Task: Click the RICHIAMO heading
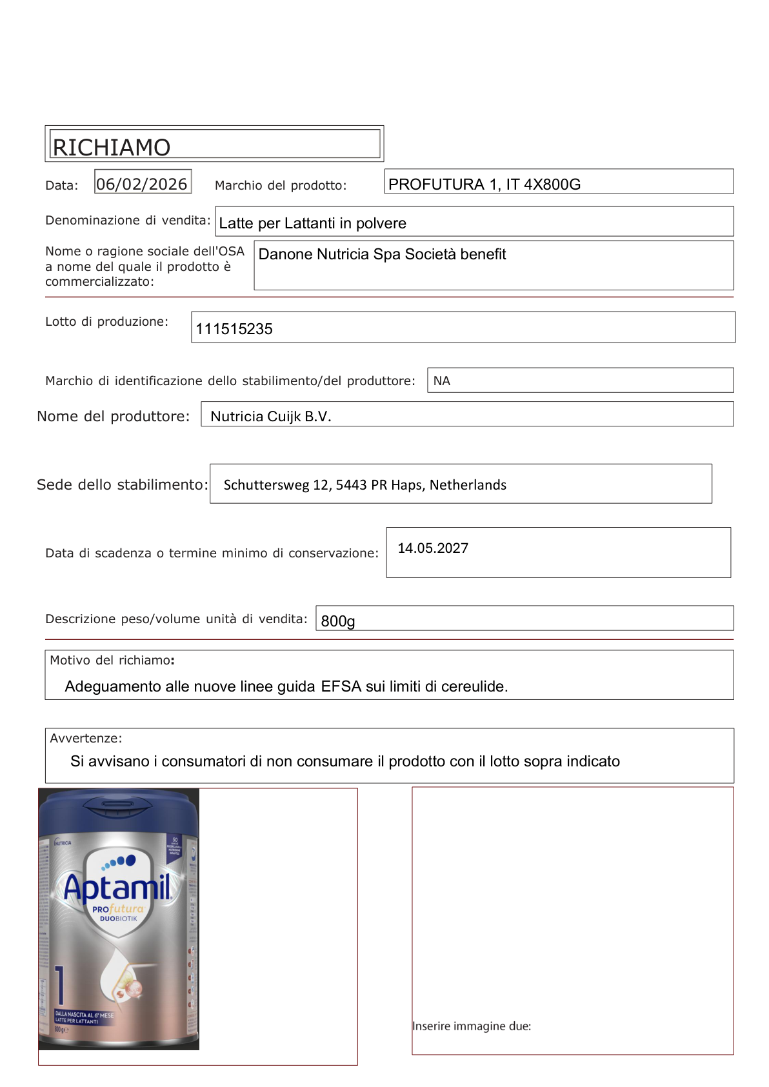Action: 111,147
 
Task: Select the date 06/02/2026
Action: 142,184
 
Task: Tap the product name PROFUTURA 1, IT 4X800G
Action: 484,184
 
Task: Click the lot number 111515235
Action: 234,329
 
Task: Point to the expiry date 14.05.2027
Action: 433,548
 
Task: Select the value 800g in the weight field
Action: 337,621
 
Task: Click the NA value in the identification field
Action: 442,381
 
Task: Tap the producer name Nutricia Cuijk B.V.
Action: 271,417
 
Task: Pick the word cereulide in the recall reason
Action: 474,686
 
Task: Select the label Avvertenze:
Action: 86,738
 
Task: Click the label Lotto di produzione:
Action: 106,321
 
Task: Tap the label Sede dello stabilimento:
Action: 123,484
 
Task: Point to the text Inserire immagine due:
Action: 472,1026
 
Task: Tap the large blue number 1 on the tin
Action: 60,984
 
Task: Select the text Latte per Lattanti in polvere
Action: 313,223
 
